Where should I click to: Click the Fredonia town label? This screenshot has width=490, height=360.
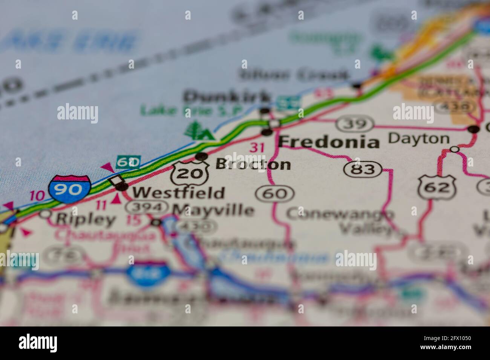pyautogui.click(x=329, y=142)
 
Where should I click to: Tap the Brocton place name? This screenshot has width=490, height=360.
pyautogui.click(x=253, y=164)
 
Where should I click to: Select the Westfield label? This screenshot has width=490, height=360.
pyautogui.click(x=178, y=192)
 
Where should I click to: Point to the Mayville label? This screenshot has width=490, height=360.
pyautogui.click(x=213, y=209)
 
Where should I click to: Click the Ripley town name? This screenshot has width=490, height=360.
pyautogui.click(x=86, y=219)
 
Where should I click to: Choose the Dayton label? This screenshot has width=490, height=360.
pyautogui.click(x=419, y=139)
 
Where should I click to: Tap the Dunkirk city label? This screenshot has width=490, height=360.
pyautogui.click(x=227, y=97)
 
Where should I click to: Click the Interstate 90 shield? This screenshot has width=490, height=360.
pyautogui.click(x=69, y=189)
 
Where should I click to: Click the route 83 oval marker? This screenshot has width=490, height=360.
pyautogui.click(x=364, y=169)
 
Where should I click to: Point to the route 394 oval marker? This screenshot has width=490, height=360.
pyautogui.click(x=147, y=207)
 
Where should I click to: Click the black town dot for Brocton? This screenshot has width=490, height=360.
pyautogui.click(x=202, y=156)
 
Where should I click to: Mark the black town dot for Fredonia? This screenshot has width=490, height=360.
pyautogui.click(x=267, y=132)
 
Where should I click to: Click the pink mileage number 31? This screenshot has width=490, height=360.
pyautogui.click(x=257, y=147)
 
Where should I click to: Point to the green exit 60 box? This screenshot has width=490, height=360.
pyautogui.click(x=128, y=162)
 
